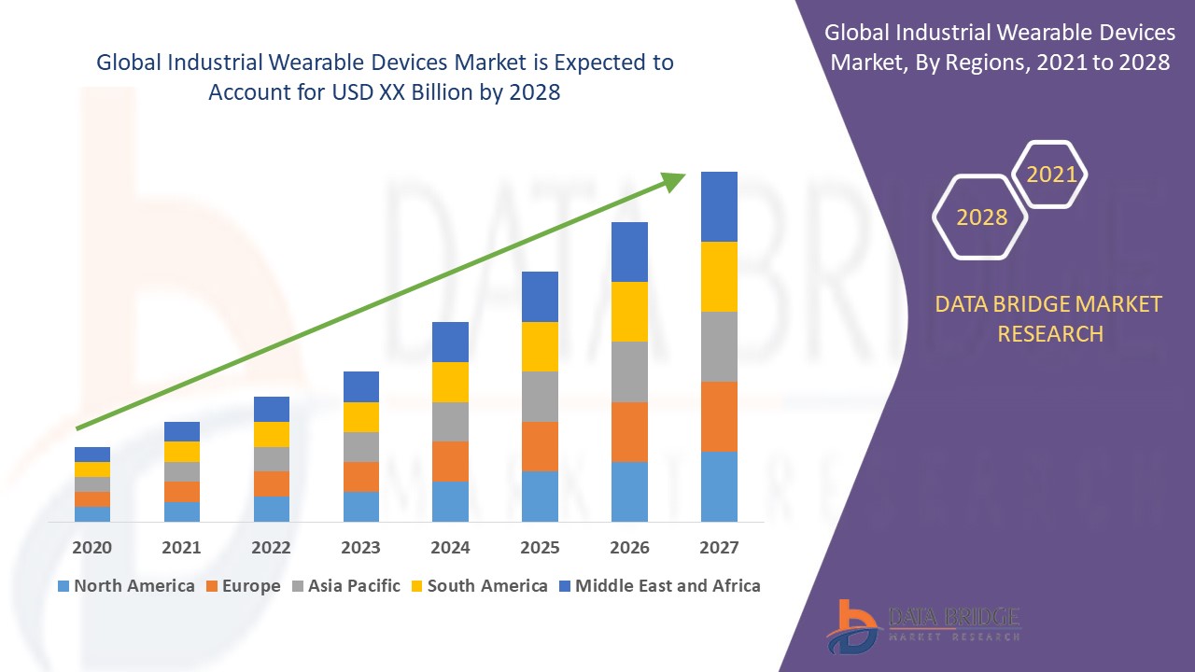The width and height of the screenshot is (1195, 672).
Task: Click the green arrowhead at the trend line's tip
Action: tap(674, 181)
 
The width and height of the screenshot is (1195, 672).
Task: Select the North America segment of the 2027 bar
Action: tap(719, 486)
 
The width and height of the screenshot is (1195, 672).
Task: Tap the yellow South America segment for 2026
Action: tap(629, 312)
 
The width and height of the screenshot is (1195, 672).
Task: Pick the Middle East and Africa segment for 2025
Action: tap(540, 297)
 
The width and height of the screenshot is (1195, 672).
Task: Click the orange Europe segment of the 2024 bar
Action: tap(450, 461)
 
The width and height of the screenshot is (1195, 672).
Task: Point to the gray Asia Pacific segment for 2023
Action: tap(361, 447)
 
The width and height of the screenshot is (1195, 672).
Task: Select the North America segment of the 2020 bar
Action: tap(92, 513)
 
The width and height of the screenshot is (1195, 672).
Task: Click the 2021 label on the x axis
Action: tap(181, 548)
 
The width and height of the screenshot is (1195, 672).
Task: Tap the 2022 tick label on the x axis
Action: tap(271, 548)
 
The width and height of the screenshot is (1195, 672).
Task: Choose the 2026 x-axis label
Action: tap(629, 548)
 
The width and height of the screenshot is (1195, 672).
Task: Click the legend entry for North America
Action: tap(125, 586)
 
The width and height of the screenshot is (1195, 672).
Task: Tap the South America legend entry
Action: tap(478, 586)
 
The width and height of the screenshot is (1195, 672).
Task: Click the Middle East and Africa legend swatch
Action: tap(563, 586)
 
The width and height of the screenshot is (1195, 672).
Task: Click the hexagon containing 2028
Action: tap(981, 217)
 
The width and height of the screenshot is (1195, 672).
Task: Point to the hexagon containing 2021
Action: tap(1051, 175)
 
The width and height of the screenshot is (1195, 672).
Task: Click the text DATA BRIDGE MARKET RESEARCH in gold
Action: tap(1049, 318)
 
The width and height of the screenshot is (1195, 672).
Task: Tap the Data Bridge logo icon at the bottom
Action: tap(852, 625)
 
